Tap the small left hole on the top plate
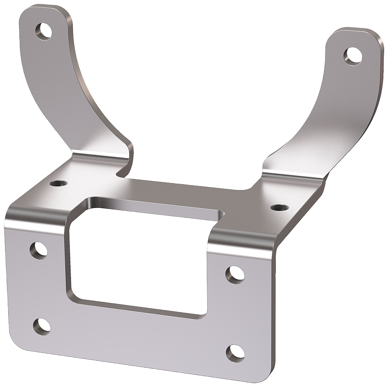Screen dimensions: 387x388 58,182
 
